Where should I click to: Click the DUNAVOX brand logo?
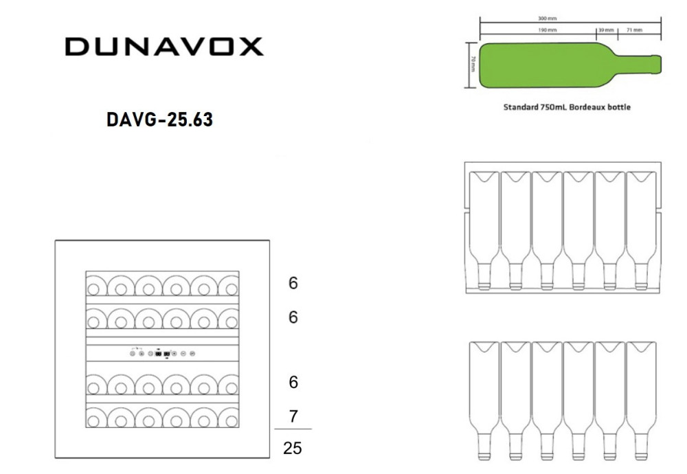tap(164, 47)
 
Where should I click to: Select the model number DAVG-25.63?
tap(159, 120)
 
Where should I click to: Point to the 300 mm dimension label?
tap(548, 19)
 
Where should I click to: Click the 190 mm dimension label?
tap(548, 30)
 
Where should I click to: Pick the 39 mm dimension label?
tap(606, 30)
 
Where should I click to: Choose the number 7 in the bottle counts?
tap(293, 416)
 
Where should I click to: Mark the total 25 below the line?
tap(293, 449)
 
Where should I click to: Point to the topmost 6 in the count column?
tap(293, 283)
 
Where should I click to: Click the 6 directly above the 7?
tap(293, 383)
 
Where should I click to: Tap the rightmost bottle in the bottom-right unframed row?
tap(641, 398)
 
